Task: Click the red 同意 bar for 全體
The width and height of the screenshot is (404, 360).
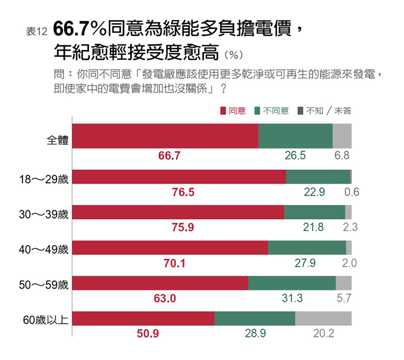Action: point(165,136)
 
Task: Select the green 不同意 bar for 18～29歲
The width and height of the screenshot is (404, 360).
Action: point(317,176)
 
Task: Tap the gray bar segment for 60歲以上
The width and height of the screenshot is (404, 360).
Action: point(323,318)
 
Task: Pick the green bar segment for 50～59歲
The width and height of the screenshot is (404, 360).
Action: point(292,283)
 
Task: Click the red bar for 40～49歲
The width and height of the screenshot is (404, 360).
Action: point(170,247)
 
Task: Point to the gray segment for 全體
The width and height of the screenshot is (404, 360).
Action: point(342,136)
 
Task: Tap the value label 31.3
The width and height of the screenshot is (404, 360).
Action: point(292,299)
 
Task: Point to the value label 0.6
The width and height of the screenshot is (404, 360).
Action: point(352,193)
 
